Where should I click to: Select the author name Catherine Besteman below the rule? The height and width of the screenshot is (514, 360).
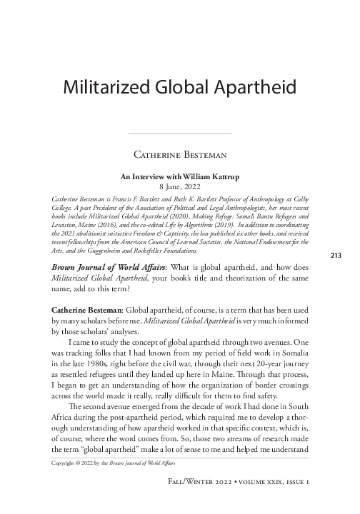point(179,153)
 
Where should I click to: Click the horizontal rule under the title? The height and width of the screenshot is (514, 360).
point(179,133)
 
